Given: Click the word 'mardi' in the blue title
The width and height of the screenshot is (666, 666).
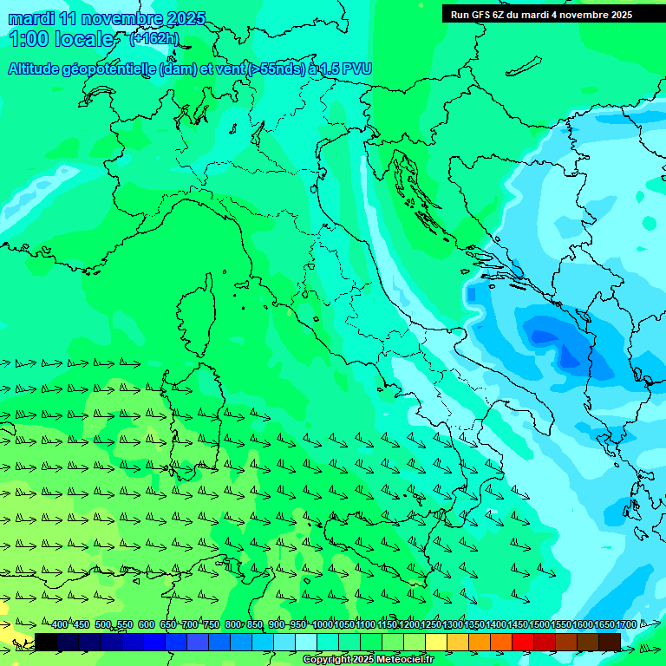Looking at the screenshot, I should click(x=29, y=18).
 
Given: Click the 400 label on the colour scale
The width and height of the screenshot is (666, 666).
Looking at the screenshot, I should click(x=59, y=624).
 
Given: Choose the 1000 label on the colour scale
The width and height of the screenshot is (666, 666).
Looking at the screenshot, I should click(x=322, y=624).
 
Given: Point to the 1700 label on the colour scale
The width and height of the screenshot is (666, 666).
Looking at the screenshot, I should click(x=625, y=624).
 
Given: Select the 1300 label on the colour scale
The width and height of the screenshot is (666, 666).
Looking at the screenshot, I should click(x=452, y=624).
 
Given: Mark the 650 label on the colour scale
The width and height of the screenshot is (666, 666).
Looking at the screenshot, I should click(x=168, y=624).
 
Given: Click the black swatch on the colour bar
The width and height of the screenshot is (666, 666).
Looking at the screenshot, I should click(x=46, y=642).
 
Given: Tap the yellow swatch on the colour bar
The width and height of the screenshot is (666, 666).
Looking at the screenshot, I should click(x=436, y=642).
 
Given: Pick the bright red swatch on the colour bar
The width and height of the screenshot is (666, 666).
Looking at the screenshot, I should click(x=523, y=642).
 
